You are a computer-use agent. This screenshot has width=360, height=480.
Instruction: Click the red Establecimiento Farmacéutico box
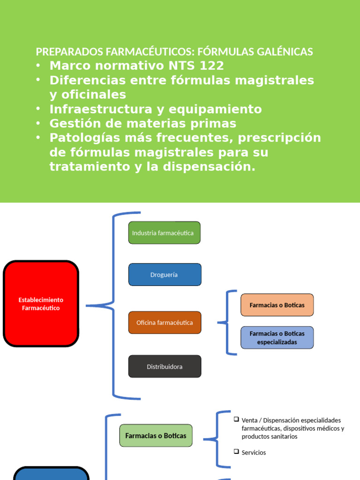coord(41,304)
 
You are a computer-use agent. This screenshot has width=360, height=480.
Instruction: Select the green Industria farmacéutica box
coord(164,233)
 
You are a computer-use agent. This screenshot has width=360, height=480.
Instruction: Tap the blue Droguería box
coord(165,275)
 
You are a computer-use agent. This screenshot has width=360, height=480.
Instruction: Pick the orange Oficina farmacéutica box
coord(165,322)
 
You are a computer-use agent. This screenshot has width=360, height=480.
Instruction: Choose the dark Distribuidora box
coord(165,366)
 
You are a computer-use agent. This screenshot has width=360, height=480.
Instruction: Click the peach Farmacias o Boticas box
coord(277,305)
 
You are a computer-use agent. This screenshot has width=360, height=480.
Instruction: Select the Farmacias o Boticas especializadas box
coord(277,337)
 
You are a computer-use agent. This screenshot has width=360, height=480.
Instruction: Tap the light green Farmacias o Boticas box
coord(156,435)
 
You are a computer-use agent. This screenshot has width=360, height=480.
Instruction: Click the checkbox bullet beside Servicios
coord(236,452)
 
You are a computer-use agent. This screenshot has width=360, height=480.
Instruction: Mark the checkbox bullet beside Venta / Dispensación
coord(236,419)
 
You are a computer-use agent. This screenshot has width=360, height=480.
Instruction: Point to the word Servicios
coord(254,453)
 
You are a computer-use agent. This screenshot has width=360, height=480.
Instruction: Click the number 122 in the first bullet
coord(212,66)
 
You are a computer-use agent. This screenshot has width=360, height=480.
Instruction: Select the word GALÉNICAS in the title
coord(285,52)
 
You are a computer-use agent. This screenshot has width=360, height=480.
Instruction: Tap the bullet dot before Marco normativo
coord(39,66)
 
